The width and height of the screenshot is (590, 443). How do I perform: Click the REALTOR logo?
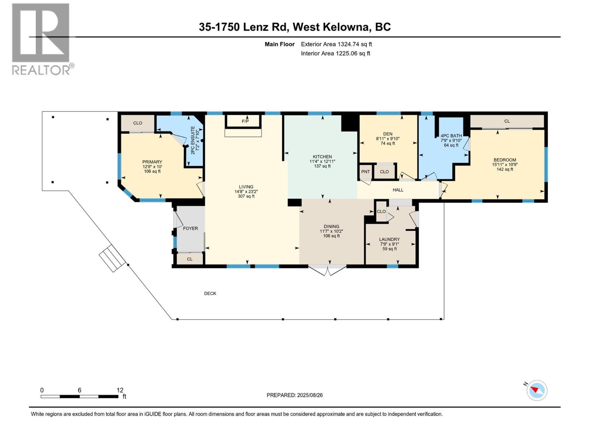click(42, 39)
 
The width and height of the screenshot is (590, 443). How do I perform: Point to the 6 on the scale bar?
click(79, 390)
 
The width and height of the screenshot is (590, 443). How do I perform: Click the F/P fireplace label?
click(245, 121)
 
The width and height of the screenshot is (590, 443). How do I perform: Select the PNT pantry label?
click(365, 172)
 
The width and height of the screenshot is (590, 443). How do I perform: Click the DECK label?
click(210, 293)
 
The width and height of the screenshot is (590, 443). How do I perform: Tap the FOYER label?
click(190, 229)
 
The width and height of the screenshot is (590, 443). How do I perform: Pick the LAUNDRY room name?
click(389, 239)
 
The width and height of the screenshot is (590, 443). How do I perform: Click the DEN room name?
click(388, 134)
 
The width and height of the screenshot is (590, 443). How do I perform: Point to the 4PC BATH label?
click(451, 136)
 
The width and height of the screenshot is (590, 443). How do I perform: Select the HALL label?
click(398, 190)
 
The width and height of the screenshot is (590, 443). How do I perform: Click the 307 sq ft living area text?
click(246, 196)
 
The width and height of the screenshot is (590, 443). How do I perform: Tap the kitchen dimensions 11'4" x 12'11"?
click(322, 161)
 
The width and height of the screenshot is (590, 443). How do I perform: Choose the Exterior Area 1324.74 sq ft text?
click(336, 44)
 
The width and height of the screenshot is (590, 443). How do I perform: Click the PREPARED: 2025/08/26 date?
click(295, 395)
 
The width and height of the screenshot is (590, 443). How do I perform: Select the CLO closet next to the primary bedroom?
click(138, 123)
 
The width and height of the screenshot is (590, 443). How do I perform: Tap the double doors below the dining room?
click(327, 270)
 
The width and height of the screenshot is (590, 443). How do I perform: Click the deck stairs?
click(112, 258)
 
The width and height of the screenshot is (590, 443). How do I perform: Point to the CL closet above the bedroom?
click(507, 121)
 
